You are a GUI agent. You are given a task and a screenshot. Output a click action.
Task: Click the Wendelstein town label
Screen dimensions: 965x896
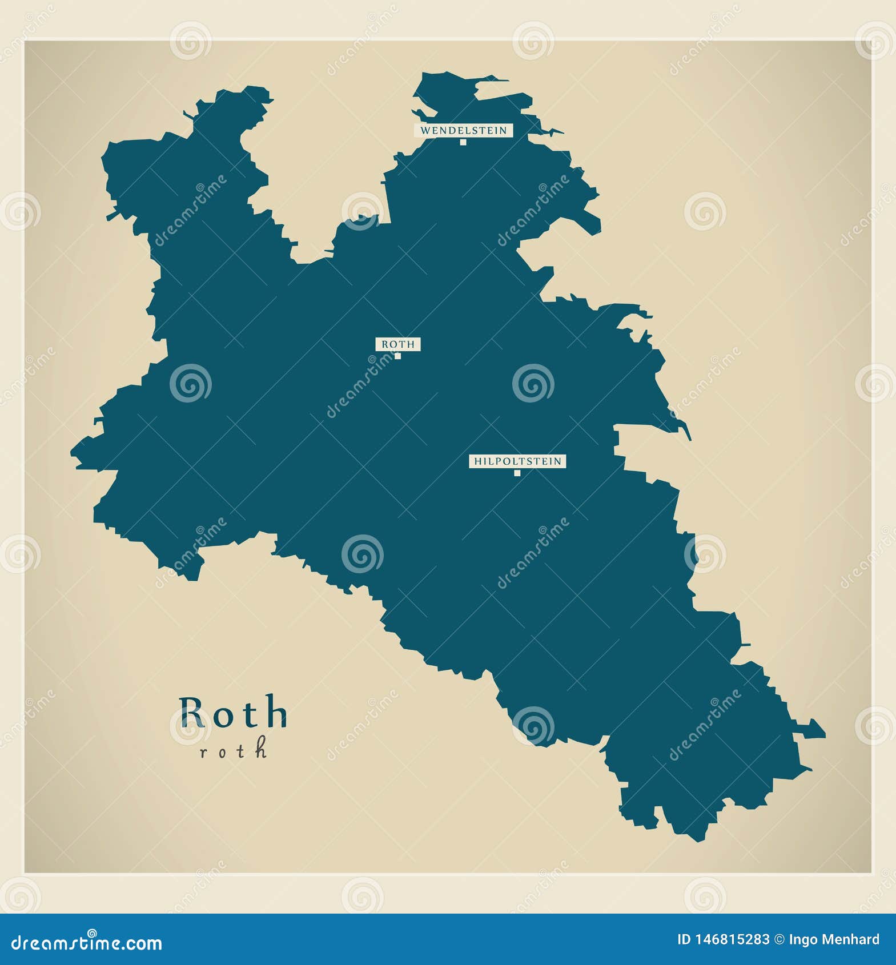(463, 130)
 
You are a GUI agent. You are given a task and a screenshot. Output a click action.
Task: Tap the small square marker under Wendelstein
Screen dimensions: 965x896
(463, 142)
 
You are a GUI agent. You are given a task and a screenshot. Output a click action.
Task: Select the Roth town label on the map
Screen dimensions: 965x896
(398, 344)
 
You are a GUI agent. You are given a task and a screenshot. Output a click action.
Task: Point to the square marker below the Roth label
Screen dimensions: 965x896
(398, 356)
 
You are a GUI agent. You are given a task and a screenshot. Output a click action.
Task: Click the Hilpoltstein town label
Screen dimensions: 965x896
(517, 461)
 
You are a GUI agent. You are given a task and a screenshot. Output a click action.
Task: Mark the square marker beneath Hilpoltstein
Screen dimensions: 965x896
(517, 473)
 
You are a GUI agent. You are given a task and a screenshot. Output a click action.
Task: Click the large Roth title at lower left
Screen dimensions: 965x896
(233, 713)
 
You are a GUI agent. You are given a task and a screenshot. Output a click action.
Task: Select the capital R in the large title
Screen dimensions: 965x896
(192, 713)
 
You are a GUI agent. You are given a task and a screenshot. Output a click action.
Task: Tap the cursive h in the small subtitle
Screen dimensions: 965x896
(261, 747)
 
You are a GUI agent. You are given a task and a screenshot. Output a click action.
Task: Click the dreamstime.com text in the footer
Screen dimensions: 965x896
(87, 943)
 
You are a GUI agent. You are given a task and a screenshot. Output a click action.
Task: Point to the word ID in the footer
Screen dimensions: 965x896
(684, 939)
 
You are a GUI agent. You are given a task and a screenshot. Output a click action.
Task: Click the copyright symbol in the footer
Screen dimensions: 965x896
(779, 939)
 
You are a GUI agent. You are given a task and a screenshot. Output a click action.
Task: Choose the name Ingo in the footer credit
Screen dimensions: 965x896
(802, 940)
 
